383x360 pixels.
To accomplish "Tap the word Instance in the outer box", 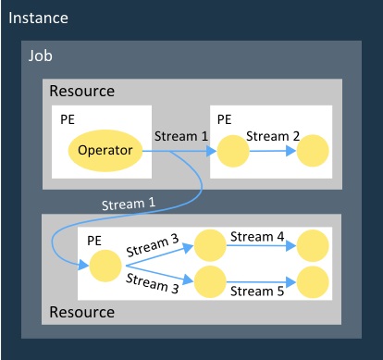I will point(39,19).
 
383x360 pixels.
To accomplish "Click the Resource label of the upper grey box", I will point(81,92).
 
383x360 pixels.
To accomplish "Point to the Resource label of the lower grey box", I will point(81,312).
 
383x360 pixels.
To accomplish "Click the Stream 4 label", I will point(257,236).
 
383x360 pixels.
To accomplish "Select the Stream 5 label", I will point(257,291).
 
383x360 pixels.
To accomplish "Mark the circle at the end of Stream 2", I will point(313,150).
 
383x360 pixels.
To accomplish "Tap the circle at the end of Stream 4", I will point(313,247).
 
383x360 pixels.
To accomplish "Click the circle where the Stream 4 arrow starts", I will point(210,247).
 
